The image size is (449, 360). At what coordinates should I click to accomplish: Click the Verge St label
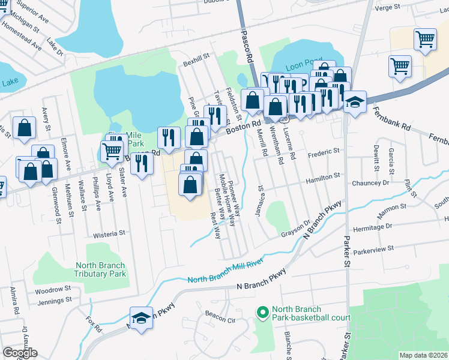[x=387, y=7]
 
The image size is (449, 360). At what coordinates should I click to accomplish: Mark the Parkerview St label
[x=373, y=248]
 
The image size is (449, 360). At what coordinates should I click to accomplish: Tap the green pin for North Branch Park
[x=262, y=312]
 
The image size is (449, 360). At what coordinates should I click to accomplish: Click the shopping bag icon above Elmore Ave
[x=24, y=128]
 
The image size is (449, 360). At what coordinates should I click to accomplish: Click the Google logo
[x=20, y=353]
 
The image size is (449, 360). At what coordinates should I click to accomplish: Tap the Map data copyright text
[x=423, y=355]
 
